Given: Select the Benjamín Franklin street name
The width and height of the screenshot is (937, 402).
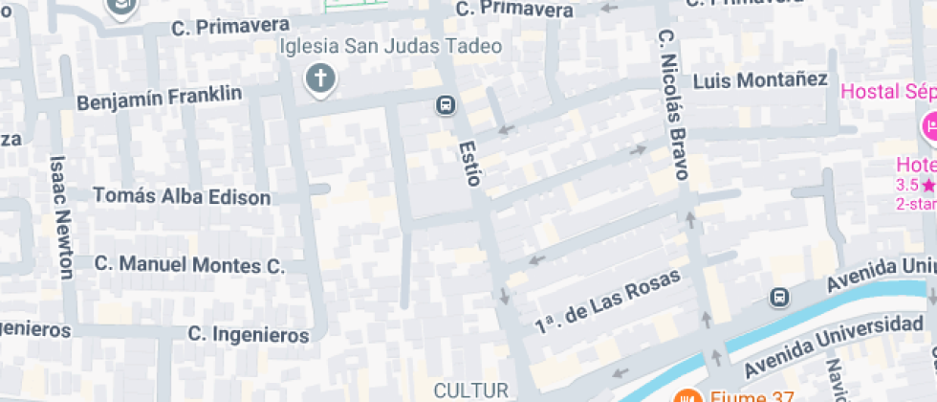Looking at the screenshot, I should click(159, 99).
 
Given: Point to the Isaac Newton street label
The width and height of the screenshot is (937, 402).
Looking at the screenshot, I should click(60, 216).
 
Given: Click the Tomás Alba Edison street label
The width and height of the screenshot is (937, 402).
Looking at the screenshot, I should click(182, 196).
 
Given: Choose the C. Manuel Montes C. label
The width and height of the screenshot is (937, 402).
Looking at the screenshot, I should click(190, 264).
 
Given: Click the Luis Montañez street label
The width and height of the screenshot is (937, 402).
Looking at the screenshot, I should click(759, 80).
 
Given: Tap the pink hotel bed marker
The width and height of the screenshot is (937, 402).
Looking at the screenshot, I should click(928, 126).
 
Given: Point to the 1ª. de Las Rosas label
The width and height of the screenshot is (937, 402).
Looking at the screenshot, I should click(608, 302).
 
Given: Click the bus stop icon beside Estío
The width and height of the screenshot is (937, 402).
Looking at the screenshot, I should click(445, 105).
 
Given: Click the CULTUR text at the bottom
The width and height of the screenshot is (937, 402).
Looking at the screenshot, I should click(469, 390).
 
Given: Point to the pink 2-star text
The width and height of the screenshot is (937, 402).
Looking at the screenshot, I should click(915, 203).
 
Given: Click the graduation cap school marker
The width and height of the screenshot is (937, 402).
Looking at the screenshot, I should click(121, 8).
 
